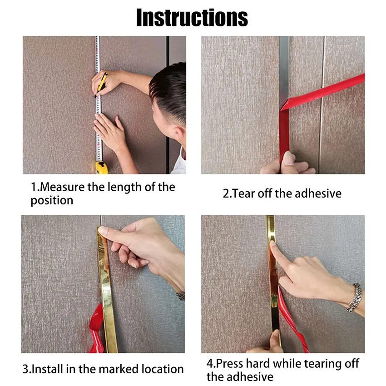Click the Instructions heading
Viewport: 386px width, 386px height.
click(192, 17)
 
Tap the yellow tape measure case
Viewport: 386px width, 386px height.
click(101, 168)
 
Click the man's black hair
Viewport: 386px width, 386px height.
click(169, 90)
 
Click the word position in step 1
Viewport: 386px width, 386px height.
click(52, 201)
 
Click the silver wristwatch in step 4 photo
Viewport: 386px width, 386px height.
click(355, 297)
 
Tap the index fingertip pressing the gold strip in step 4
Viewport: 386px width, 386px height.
click(273, 244)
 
